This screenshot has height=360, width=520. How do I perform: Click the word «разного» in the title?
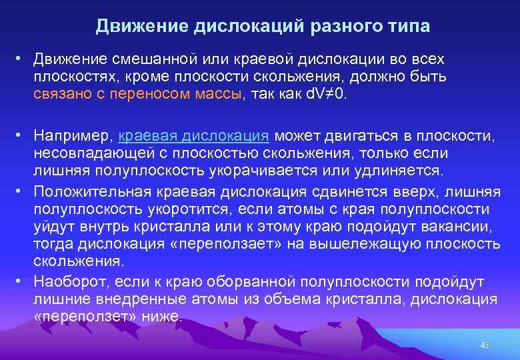[340, 26]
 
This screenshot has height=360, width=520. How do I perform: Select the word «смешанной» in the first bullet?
[136, 60]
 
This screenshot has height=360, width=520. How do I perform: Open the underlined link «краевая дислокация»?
[193, 136]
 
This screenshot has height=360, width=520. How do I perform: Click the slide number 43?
[485, 345]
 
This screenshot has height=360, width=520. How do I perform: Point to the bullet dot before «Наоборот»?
[21, 281]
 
